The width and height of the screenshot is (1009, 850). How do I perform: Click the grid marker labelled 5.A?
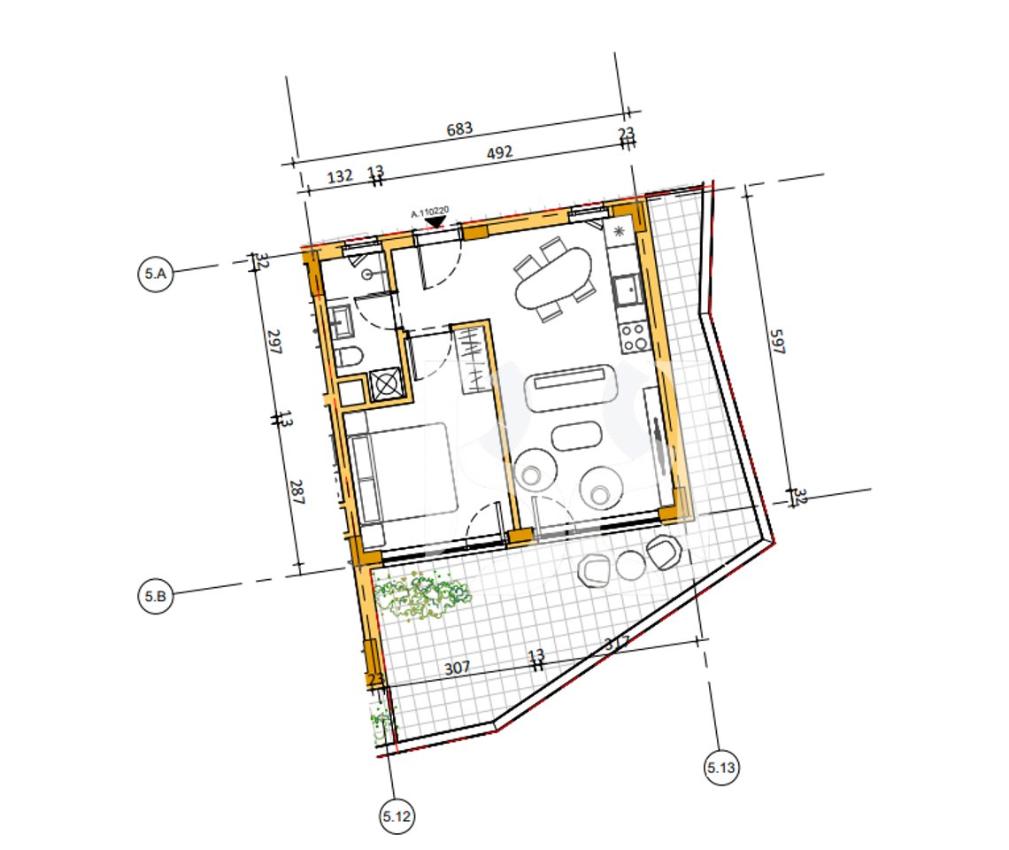point(155,274)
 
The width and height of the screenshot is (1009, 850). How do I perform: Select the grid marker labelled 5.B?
point(155,597)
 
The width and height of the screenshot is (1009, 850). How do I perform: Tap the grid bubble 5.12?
point(395,816)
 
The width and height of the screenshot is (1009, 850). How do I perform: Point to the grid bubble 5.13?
point(721,767)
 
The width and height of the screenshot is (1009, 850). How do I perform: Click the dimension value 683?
point(458,129)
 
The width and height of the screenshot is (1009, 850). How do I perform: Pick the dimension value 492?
point(500,152)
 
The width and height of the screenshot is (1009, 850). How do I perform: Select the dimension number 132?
point(340,176)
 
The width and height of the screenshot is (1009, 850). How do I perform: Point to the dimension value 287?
point(296,492)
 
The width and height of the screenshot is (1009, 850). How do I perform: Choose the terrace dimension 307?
point(457,668)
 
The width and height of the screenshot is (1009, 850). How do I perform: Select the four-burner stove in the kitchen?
point(633,336)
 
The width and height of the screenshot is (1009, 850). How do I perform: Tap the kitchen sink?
point(628,288)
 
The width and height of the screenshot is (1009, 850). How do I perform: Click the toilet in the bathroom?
point(350,359)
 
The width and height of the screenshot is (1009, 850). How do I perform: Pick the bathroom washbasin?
point(341,321)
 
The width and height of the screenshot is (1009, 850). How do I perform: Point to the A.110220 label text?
point(431,212)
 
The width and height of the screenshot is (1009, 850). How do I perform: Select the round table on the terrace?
point(630,565)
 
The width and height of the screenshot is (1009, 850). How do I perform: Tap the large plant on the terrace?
point(421,595)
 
